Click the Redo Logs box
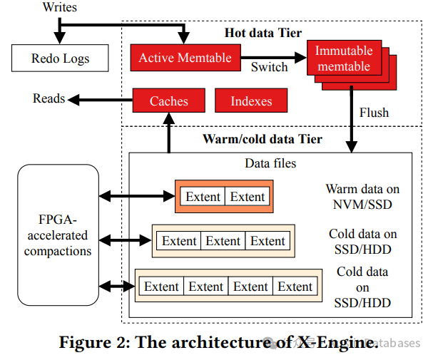60,58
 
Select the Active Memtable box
185,58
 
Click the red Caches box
168,101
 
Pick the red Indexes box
251,101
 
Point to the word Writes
61,8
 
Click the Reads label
49,99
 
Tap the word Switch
270,68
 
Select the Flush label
374,113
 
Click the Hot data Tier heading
263,33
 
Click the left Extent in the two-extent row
203,197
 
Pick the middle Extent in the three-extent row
223,241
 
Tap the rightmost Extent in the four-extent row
295,287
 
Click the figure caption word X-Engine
335,342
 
